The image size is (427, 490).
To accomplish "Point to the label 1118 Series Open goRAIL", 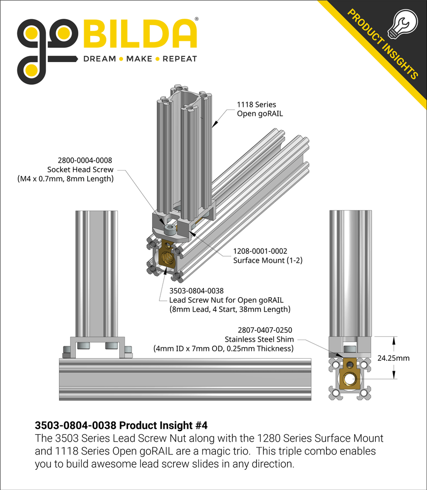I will [256, 109].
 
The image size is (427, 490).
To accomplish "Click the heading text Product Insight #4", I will [167, 425].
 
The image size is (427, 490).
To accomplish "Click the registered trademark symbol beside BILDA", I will [197, 19].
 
